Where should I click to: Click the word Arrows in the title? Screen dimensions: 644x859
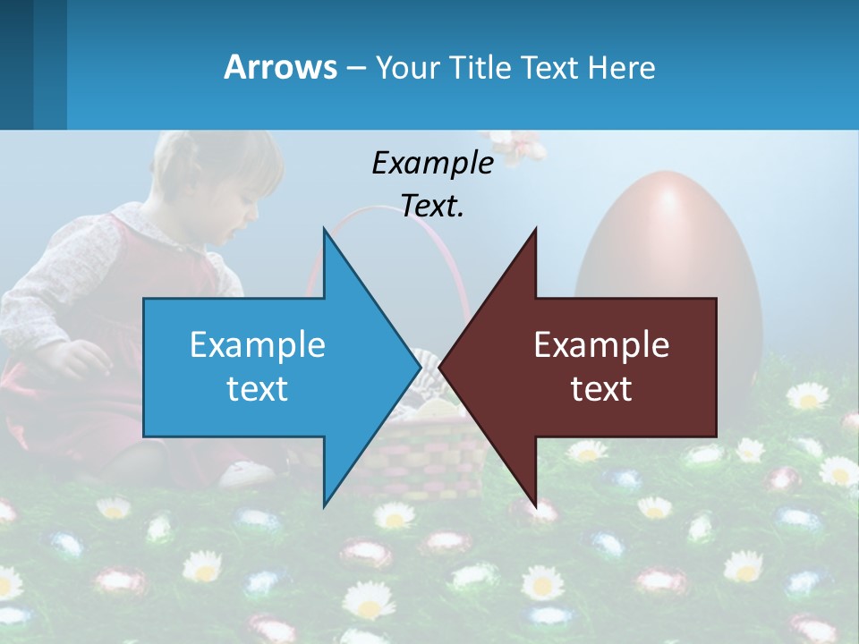pos(280,67)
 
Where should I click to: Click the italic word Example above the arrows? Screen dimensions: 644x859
pos(432,164)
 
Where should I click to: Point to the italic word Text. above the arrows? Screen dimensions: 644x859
pos(432,207)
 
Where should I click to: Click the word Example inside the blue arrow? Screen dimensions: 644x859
pos(258,345)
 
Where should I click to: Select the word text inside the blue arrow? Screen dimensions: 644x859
pos(258,389)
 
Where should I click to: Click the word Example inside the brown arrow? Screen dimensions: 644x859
pos(601,345)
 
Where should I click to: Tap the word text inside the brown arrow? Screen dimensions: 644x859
pos(601,389)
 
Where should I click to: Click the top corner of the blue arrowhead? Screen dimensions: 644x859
pos(324,231)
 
